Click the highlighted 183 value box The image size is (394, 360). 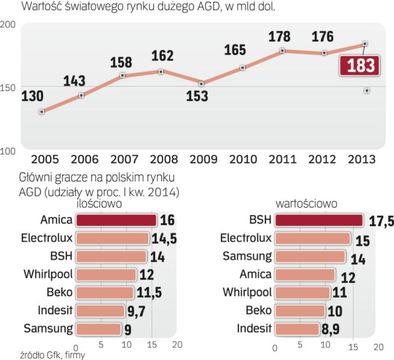point(360,65)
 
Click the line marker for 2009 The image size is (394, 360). point(202,83)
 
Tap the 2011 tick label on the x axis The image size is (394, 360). point(282,159)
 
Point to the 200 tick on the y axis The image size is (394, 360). point(8,25)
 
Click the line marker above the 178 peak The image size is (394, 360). point(282,51)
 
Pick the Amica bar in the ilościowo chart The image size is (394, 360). point(116,220)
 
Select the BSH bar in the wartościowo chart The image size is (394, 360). point(318,220)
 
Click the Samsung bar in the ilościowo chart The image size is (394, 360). point(98,328)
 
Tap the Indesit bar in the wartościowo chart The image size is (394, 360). point(298,328)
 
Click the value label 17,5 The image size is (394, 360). point(379,220)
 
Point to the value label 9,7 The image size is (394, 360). point(137,310)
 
